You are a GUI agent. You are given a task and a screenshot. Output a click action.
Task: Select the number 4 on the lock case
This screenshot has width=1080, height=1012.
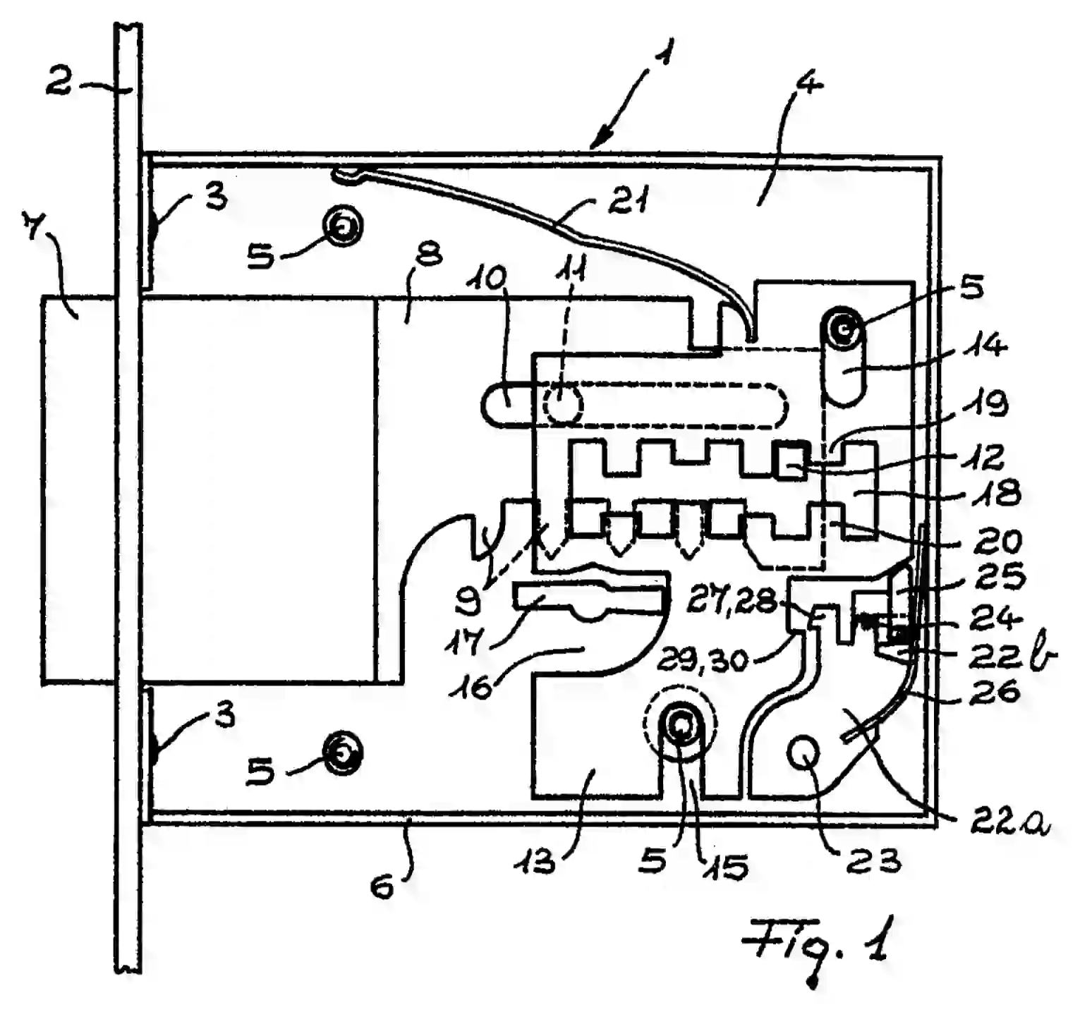(808, 85)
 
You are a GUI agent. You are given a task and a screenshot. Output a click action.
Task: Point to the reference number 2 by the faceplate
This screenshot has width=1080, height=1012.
(59, 82)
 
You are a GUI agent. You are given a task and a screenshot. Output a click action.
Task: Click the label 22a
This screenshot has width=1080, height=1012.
(1010, 820)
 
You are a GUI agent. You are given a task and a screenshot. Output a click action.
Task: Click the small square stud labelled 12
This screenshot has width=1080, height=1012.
(791, 462)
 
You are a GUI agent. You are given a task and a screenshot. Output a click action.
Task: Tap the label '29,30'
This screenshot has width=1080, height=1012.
(703, 660)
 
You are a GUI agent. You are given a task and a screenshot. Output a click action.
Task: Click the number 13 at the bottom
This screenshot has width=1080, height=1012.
(537, 860)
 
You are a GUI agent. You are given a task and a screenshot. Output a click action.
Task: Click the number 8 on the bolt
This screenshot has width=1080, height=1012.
(429, 255)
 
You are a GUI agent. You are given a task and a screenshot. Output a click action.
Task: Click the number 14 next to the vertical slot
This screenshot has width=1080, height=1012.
(985, 345)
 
